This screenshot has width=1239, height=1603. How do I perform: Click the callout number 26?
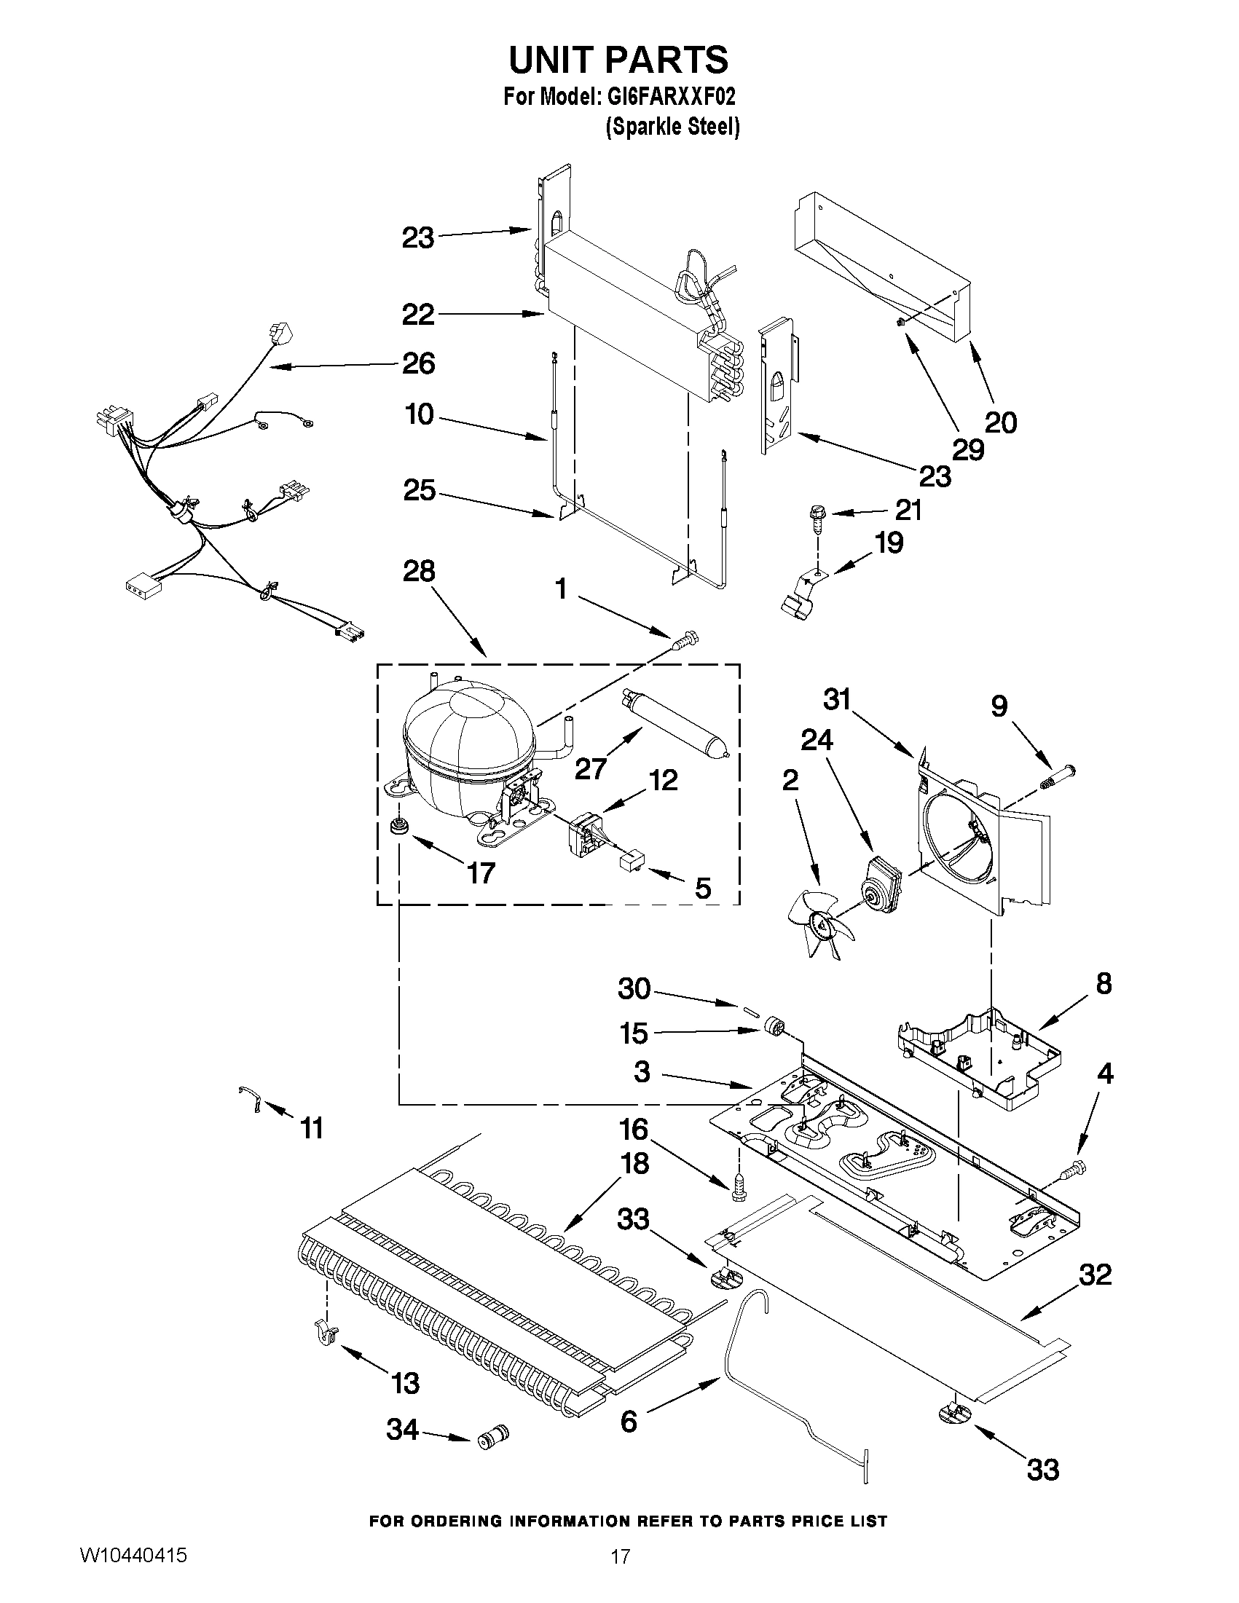(418, 363)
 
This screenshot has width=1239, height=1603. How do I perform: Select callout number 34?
(402, 1430)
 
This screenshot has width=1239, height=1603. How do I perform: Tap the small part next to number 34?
(493, 1435)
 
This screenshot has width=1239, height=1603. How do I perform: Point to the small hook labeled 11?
(251, 1100)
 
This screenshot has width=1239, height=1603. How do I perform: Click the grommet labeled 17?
(399, 825)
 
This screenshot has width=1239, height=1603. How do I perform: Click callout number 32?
(1095, 1276)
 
